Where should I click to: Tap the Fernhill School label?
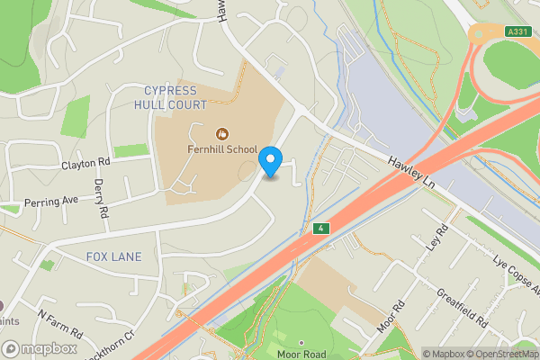tap(222, 149)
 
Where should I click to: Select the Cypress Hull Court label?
tap(176, 98)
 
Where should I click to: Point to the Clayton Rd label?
tap(85, 164)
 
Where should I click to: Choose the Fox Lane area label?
tap(113, 256)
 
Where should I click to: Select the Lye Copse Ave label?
tap(517, 279)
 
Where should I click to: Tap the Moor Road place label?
tap(301, 355)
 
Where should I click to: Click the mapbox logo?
tap(40, 348)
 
